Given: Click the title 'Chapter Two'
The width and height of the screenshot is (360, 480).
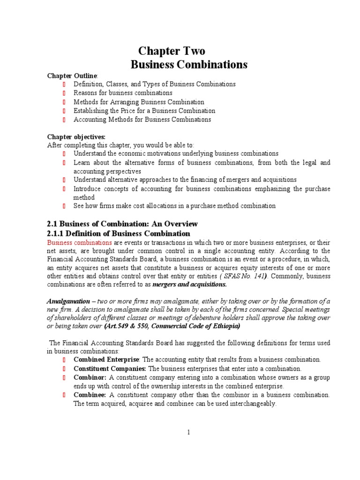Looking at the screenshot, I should click(171, 51).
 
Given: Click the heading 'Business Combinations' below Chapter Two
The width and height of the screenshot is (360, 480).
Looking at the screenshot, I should click(188, 65).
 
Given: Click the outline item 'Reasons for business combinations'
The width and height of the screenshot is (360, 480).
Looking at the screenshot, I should click(123, 93).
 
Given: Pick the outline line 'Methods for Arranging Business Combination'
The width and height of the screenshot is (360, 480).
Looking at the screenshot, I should click(139, 102).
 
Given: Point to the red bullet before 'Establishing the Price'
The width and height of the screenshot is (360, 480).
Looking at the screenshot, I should click(64, 111).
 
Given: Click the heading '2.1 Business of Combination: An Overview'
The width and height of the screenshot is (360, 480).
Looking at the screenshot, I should click(122, 224).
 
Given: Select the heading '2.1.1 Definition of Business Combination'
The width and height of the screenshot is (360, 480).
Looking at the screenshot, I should click(119, 233).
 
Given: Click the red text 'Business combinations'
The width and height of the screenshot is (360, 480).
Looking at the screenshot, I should click(79, 243).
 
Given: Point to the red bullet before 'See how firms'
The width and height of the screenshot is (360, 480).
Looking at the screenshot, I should click(64, 206).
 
